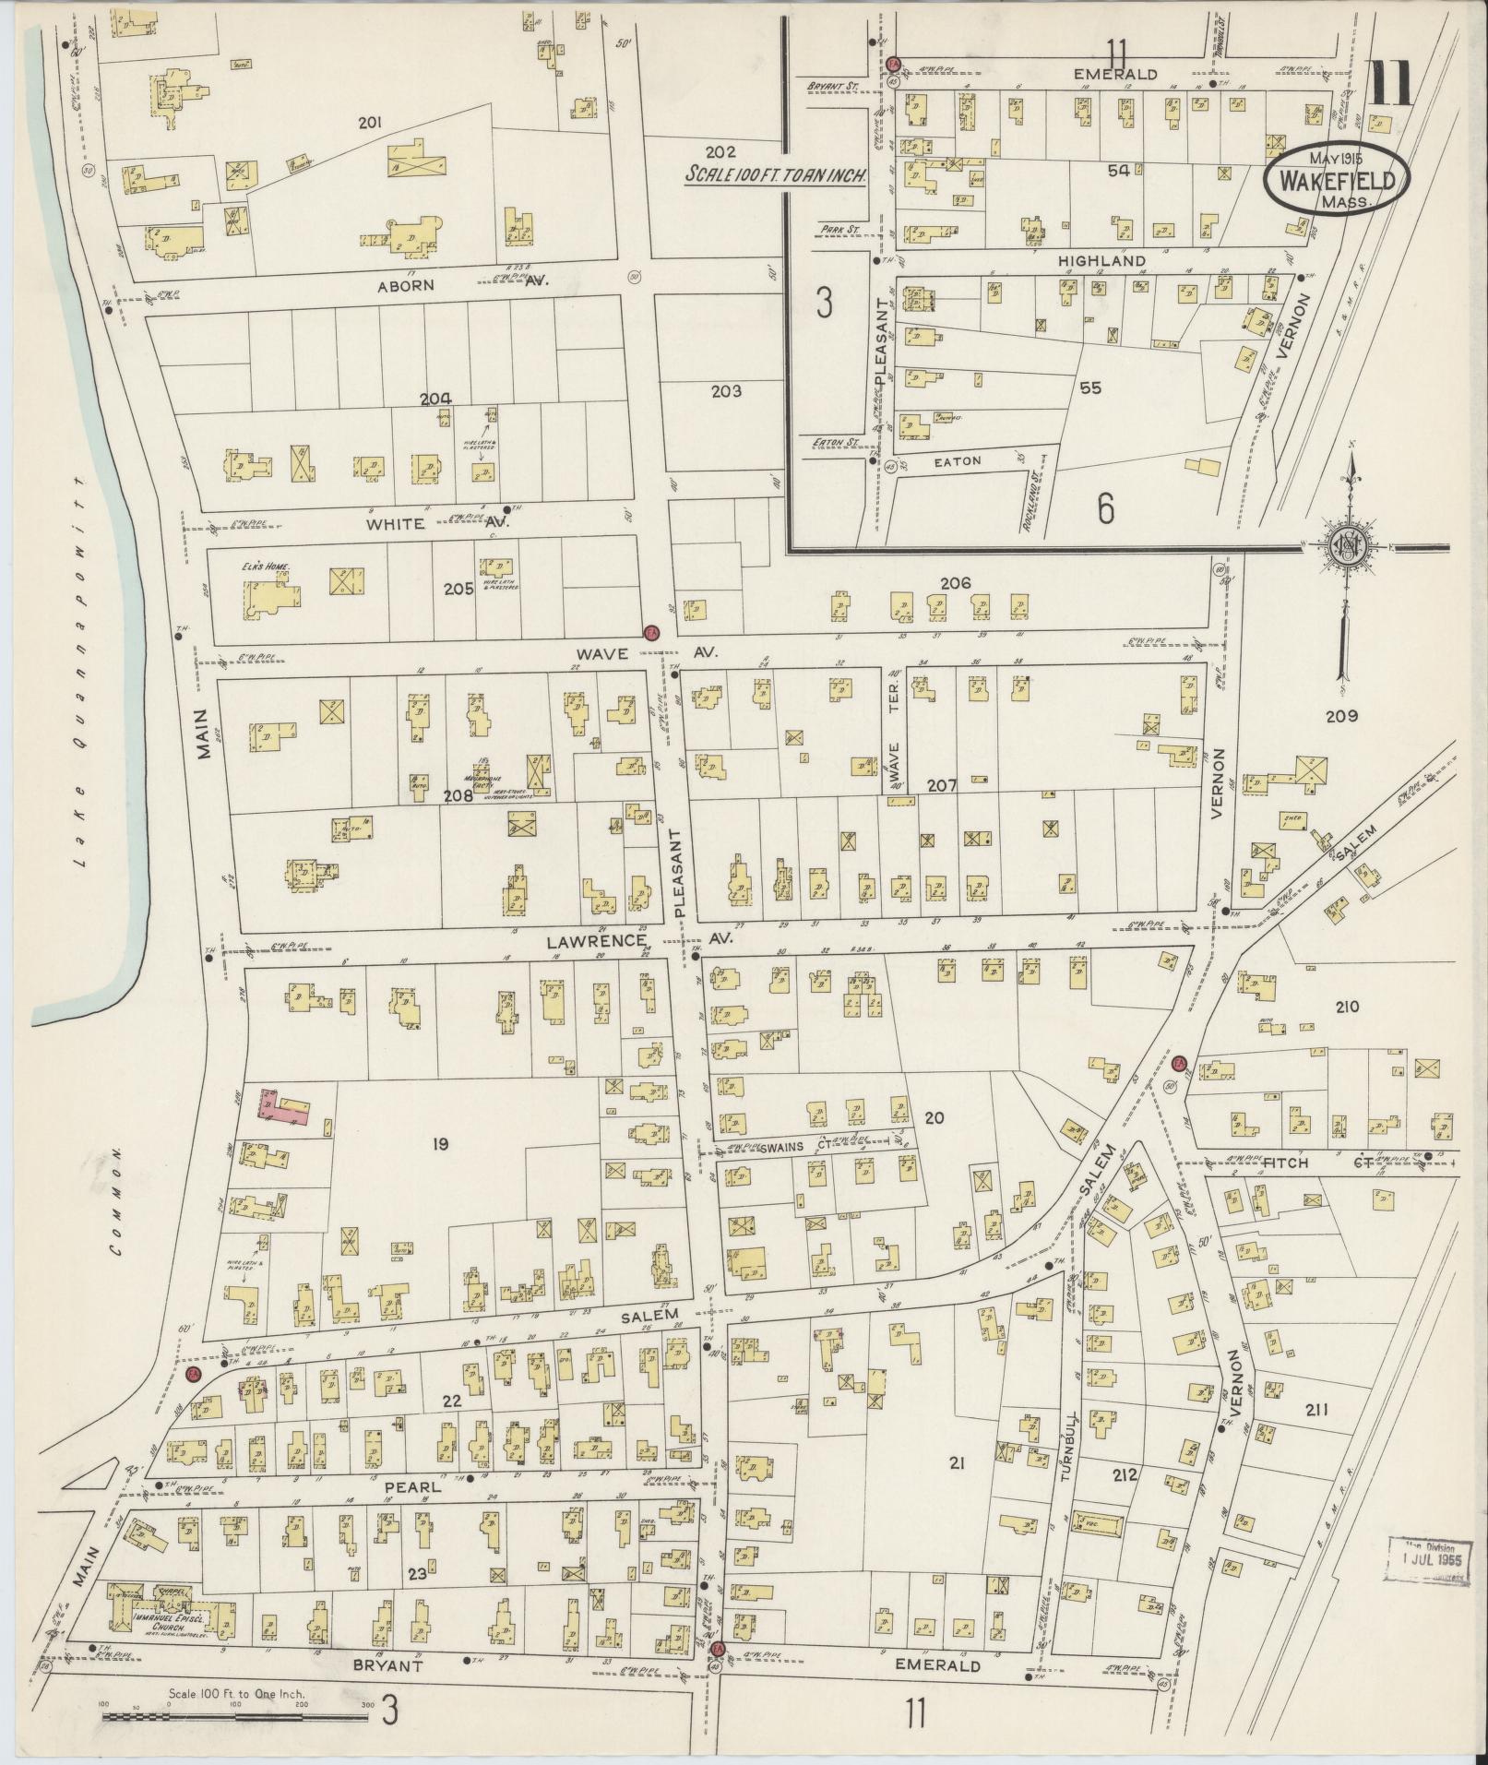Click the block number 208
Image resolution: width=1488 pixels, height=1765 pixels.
pos(458,795)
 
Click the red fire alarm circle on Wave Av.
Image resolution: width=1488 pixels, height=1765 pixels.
pos(651,633)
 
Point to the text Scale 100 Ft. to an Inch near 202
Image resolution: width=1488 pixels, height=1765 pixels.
pos(773,173)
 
